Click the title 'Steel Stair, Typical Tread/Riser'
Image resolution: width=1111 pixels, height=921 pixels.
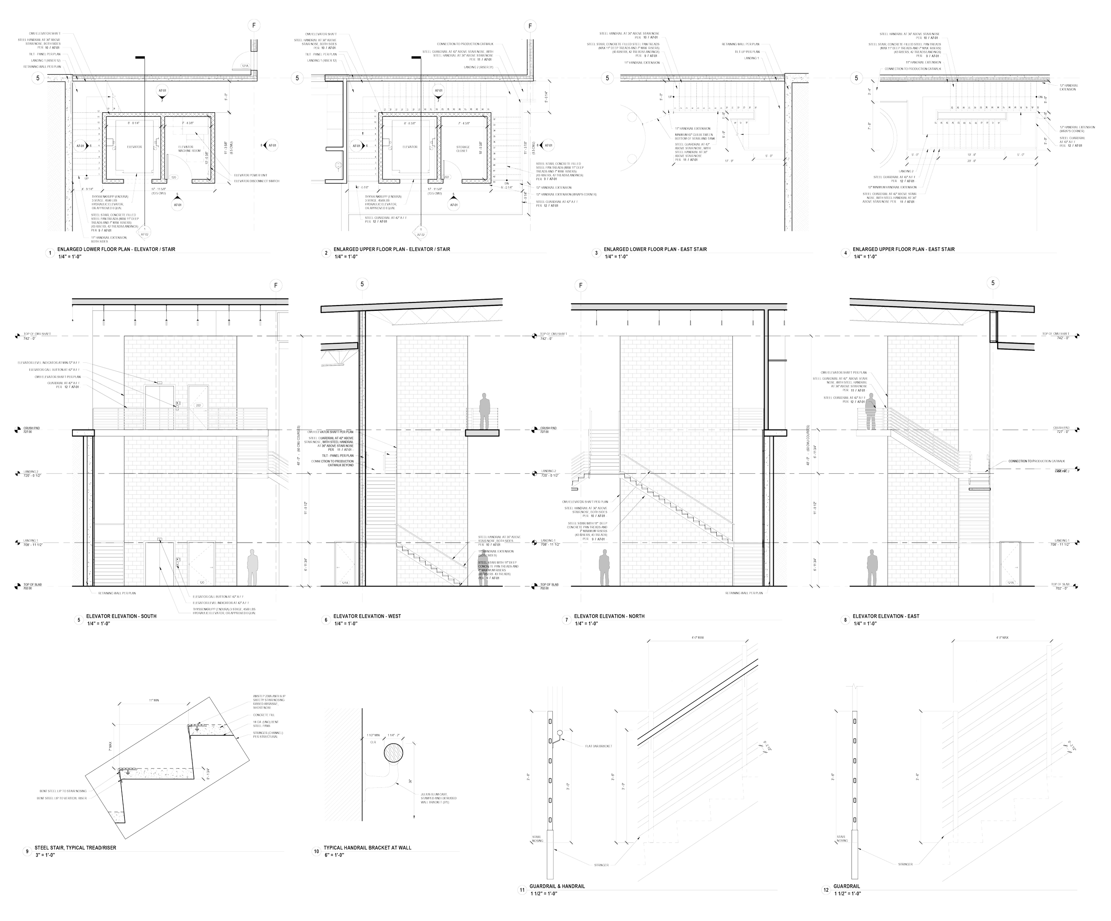tap(75, 848)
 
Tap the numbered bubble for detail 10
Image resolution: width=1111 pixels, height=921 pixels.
tap(316, 851)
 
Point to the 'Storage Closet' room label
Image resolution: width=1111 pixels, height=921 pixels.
tap(462, 149)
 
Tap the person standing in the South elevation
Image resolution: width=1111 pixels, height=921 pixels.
tap(252, 567)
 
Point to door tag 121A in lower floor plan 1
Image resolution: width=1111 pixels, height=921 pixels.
tap(245, 66)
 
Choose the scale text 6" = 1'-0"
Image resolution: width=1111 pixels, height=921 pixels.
tap(334, 855)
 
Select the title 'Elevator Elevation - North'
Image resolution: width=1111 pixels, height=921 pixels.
tap(609, 616)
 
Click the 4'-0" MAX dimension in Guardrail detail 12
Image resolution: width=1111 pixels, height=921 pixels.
tap(1002, 638)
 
